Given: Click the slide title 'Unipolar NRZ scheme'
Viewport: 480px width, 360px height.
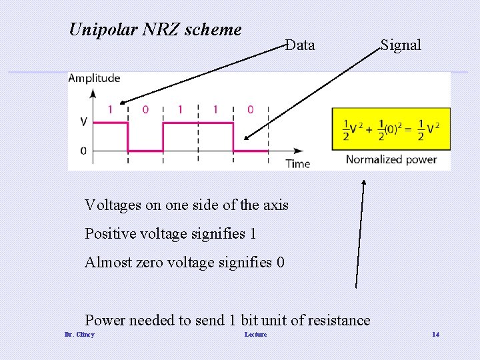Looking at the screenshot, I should (155, 29).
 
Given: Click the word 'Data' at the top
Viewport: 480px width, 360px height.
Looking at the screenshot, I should (300, 45).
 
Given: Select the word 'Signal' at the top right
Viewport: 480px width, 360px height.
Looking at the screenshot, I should (401, 45).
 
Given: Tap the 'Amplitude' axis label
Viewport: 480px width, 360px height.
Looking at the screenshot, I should (94, 78).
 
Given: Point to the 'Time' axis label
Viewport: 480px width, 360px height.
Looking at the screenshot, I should (298, 163).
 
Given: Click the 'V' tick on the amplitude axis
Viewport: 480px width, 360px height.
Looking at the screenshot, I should (83, 122).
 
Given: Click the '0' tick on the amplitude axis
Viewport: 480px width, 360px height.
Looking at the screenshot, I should (83, 151).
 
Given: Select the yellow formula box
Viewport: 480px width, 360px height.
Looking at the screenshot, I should (391, 129).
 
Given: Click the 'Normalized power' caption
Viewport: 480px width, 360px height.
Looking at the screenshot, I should (391, 159).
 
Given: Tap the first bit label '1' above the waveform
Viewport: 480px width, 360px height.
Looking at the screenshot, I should (110, 109).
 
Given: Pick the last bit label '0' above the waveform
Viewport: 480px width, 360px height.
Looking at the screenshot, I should (250, 109).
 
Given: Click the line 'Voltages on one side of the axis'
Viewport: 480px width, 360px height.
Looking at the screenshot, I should (187, 205).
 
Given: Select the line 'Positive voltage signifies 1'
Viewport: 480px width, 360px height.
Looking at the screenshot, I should (170, 233).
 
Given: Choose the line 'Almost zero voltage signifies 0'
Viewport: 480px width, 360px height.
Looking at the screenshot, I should (185, 262).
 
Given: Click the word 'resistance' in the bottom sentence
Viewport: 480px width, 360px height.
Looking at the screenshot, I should (339, 320).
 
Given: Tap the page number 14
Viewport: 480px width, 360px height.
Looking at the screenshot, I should (435, 334).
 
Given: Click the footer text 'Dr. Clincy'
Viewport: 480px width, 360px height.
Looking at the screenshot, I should (79, 334).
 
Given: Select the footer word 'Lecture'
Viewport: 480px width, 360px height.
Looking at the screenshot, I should (255, 334).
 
